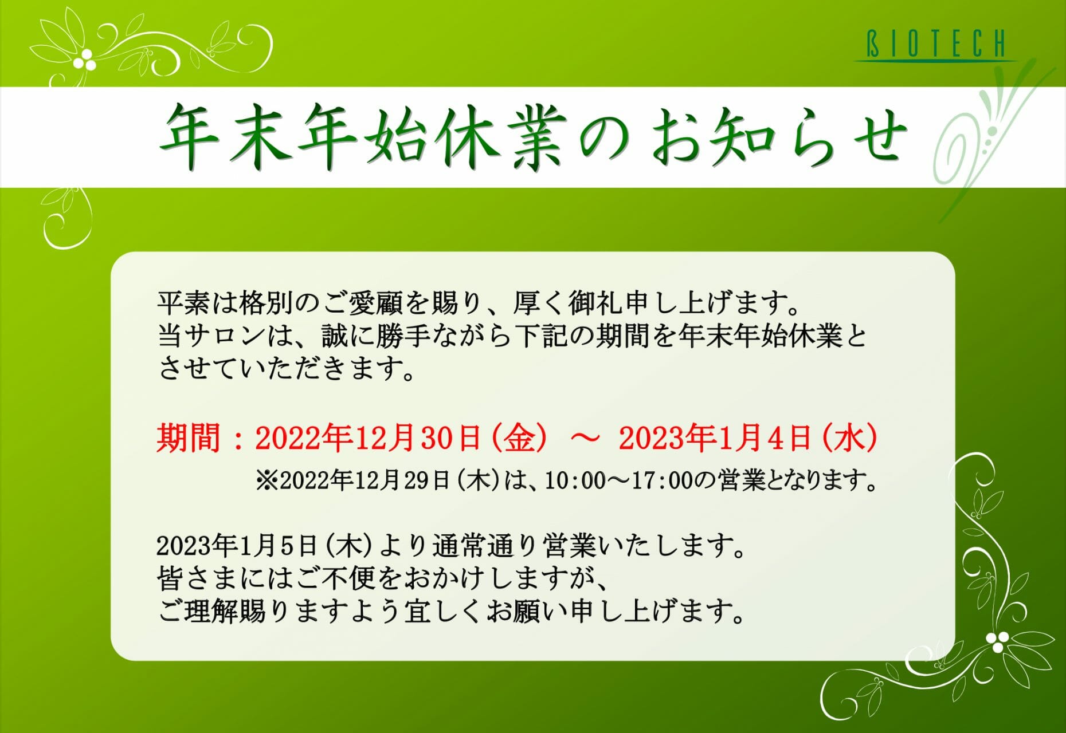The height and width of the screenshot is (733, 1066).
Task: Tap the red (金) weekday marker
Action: tap(519, 438)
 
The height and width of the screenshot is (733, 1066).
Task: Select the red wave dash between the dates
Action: tap(585, 438)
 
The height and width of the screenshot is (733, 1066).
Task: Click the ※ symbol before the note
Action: tap(267, 480)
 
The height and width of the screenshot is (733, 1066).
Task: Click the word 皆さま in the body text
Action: tap(197, 579)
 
